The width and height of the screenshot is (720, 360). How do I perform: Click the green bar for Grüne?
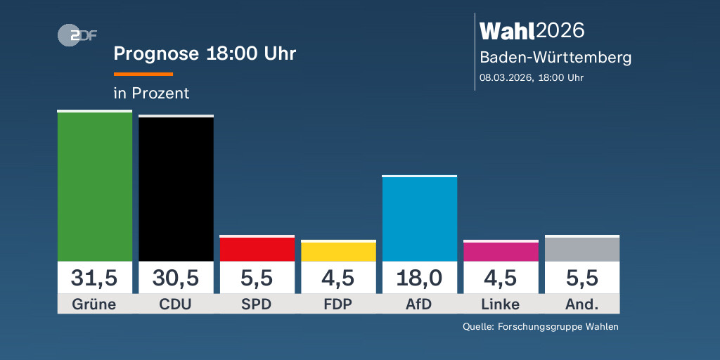tap(95, 186)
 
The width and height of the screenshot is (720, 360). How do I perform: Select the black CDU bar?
tap(176, 188)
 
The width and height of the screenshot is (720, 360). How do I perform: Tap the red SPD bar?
tap(257, 249)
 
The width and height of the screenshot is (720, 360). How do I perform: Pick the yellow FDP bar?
tap(338, 252)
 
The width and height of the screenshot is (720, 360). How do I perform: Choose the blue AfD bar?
tap(419, 219)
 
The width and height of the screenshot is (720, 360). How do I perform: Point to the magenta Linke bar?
tap(501, 252)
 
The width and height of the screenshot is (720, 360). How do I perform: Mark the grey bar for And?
tap(581, 249)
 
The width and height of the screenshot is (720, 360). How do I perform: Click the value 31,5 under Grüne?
tap(95, 278)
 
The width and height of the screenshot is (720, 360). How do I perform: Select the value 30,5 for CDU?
tap(176, 278)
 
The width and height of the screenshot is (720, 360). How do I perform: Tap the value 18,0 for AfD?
tap(419, 278)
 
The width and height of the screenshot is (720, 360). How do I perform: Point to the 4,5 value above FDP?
tap(338, 278)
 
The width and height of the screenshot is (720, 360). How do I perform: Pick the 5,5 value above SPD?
tap(257, 278)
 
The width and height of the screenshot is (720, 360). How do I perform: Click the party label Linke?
tap(501, 304)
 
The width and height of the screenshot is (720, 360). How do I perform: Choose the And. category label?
tap(581, 304)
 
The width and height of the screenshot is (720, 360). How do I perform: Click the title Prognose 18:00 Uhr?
tap(205, 54)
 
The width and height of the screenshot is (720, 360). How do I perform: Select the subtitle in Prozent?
tap(151, 93)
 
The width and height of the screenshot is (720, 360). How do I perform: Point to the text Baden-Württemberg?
tap(555, 58)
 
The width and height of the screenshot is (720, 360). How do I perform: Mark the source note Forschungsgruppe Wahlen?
tap(540, 326)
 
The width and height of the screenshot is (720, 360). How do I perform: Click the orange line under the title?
tap(143, 74)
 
